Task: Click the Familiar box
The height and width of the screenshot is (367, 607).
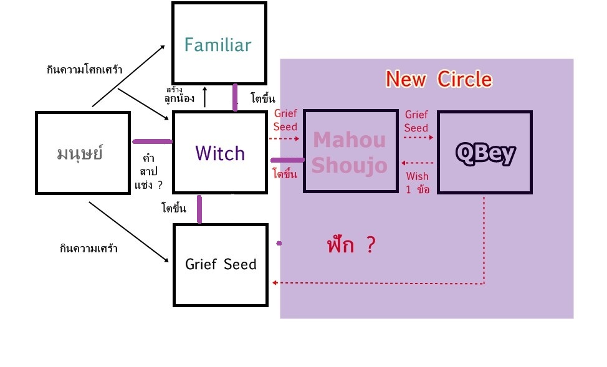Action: pos(219,44)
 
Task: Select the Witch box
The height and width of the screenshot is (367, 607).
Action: pos(219,153)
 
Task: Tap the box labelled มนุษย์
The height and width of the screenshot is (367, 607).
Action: pos(82,153)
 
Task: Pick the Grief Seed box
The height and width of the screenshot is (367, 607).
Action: pos(221,264)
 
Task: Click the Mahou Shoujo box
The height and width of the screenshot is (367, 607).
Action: pos(350,151)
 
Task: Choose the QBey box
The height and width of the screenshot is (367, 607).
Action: pos(484,153)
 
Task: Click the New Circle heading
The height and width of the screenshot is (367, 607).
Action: pos(439,79)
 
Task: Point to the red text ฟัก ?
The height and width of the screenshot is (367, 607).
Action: pos(351,245)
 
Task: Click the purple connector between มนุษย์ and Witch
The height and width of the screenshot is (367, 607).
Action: pos(151,141)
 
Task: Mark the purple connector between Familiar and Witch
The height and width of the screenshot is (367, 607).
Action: pos(235,98)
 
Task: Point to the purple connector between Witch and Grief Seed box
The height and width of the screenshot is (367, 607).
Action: pos(199,209)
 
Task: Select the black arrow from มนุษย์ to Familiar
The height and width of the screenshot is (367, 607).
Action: pos(128,75)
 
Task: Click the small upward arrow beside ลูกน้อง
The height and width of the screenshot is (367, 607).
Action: pos(205,97)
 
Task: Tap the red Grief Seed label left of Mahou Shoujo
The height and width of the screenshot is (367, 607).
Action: pos(285,120)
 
